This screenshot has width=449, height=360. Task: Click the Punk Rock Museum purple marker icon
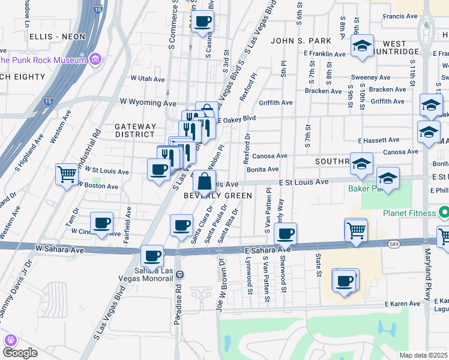95,59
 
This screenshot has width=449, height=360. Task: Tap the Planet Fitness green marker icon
444,212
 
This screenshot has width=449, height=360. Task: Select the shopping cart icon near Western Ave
67,175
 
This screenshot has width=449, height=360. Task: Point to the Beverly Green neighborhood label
218,196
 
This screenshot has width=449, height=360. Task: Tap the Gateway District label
136,130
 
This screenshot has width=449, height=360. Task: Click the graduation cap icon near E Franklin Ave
362,47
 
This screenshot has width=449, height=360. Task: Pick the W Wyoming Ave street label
147,103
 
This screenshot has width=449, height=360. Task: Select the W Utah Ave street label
142,79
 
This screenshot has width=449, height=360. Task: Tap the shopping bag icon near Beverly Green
204,180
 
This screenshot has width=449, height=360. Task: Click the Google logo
20,353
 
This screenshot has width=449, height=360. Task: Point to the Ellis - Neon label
57,37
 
